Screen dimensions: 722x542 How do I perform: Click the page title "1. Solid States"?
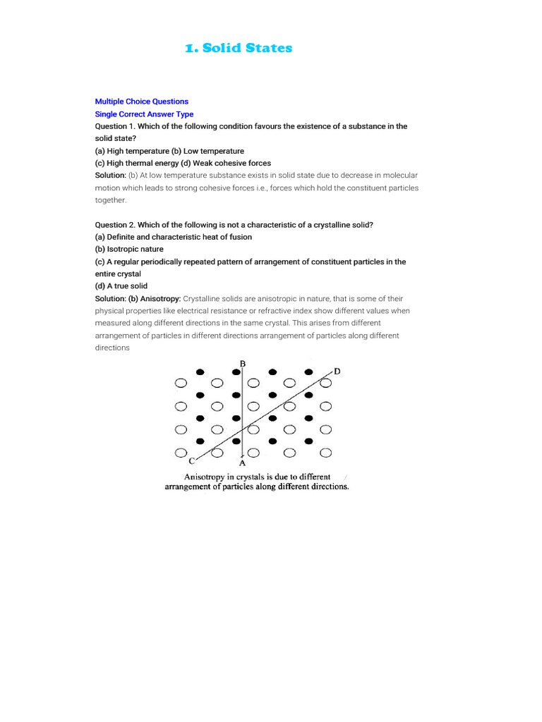(238, 48)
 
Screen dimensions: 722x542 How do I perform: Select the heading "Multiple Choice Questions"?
(141, 102)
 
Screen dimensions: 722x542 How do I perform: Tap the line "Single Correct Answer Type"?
(144, 114)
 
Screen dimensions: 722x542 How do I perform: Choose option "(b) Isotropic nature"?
(129, 250)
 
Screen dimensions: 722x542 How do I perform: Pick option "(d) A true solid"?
(121, 286)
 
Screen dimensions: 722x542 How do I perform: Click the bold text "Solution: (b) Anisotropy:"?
(138, 299)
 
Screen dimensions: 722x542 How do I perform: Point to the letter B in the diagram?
(243, 363)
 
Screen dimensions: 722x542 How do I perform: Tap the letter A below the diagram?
(243, 464)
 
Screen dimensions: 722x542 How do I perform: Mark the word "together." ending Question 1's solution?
(110, 200)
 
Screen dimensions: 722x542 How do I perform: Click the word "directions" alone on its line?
(112, 348)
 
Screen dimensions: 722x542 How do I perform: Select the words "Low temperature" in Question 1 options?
(214, 151)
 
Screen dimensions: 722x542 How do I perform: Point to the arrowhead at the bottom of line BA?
(243, 455)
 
